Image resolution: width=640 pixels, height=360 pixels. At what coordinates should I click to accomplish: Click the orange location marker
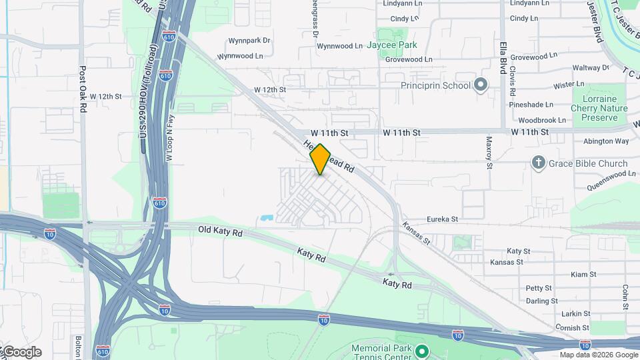(320, 159)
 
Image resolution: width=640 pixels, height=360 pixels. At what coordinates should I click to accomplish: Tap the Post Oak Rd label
(83, 89)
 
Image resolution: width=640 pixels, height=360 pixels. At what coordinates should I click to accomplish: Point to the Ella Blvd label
(503, 58)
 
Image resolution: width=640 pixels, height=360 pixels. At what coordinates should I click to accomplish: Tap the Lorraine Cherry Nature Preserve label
(600, 108)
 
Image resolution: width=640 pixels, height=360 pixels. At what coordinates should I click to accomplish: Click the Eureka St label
(443, 219)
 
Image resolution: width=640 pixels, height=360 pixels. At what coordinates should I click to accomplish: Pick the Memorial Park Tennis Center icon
(421, 351)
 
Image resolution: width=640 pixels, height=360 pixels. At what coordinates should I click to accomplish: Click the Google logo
(21, 352)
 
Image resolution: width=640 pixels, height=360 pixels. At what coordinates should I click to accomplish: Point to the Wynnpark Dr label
(249, 41)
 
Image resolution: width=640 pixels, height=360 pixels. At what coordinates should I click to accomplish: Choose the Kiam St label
(583, 275)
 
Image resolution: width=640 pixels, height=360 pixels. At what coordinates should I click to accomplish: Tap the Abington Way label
(606, 141)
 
